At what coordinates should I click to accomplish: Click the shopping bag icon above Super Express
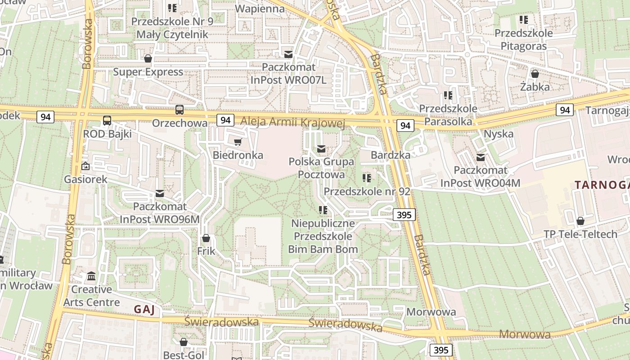tap(148, 58)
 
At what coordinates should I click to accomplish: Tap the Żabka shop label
tap(535, 87)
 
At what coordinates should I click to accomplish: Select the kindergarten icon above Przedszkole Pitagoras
tap(523, 20)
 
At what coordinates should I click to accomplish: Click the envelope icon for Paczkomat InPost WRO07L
tap(288, 54)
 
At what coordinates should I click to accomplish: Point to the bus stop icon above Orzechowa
tap(180, 110)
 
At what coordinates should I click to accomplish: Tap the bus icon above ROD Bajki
tap(107, 121)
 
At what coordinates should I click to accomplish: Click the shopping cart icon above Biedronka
tap(238, 142)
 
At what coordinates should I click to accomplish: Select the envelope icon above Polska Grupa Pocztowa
tap(321, 148)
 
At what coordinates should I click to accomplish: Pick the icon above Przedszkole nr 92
tap(367, 178)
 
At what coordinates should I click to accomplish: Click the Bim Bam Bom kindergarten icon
tap(323, 210)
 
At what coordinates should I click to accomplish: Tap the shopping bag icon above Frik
tap(206, 238)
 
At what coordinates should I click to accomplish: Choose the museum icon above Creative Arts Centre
tap(91, 276)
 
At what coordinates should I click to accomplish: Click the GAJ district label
tap(144, 310)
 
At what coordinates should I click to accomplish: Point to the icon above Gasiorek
tap(85, 166)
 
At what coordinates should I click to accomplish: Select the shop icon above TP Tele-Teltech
tap(580, 221)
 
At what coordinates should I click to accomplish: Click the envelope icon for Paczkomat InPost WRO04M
tap(480, 157)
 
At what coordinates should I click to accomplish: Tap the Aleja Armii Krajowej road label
tap(292, 122)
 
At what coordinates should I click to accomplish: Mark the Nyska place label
tap(498, 134)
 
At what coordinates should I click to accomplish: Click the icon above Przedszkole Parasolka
tap(448, 95)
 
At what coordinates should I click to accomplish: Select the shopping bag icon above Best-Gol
tap(183, 342)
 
